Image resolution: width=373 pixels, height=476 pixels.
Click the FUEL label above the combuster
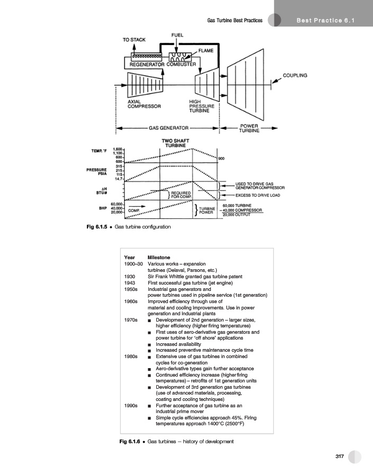(x=177, y=35)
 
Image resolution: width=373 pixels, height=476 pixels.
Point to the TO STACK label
(x=134, y=40)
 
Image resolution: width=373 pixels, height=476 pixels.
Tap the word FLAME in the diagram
(x=206, y=50)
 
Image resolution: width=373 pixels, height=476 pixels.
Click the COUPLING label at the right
(x=295, y=76)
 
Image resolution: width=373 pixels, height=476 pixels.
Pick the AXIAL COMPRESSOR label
(x=144, y=104)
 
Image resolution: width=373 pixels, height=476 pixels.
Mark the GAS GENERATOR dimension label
(x=168, y=128)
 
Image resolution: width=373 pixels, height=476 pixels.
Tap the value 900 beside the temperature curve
(x=221, y=158)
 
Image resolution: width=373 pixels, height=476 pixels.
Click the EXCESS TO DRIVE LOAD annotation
(x=257, y=195)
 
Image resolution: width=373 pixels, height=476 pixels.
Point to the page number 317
(x=340, y=457)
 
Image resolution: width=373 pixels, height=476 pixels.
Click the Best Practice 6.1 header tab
(x=325, y=21)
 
